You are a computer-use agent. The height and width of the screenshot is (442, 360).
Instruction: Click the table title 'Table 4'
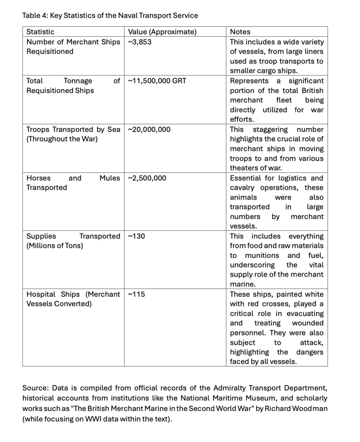pyautogui.click(x=110, y=16)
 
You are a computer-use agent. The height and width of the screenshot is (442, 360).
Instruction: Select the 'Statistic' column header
pyautogui.click(x=41, y=32)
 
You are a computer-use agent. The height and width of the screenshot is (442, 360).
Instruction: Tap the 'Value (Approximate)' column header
pyautogui.click(x=162, y=32)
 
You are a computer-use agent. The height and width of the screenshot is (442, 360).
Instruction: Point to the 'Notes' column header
pyautogui.click(x=240, y=32)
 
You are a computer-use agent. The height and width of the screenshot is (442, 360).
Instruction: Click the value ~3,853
pyautogui.click(x=140, y=42)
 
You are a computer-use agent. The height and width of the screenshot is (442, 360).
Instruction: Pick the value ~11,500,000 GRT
pyautogui.click(x=157, y=81)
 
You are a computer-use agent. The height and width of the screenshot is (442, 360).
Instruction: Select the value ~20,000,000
pyautogui.click(x=149, y=129)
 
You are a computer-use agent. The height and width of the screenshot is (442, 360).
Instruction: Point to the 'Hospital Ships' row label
pyautogui.click(x=73, y=299)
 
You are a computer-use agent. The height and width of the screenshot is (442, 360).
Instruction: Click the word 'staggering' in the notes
pyautogui.click(x=271, y=130)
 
